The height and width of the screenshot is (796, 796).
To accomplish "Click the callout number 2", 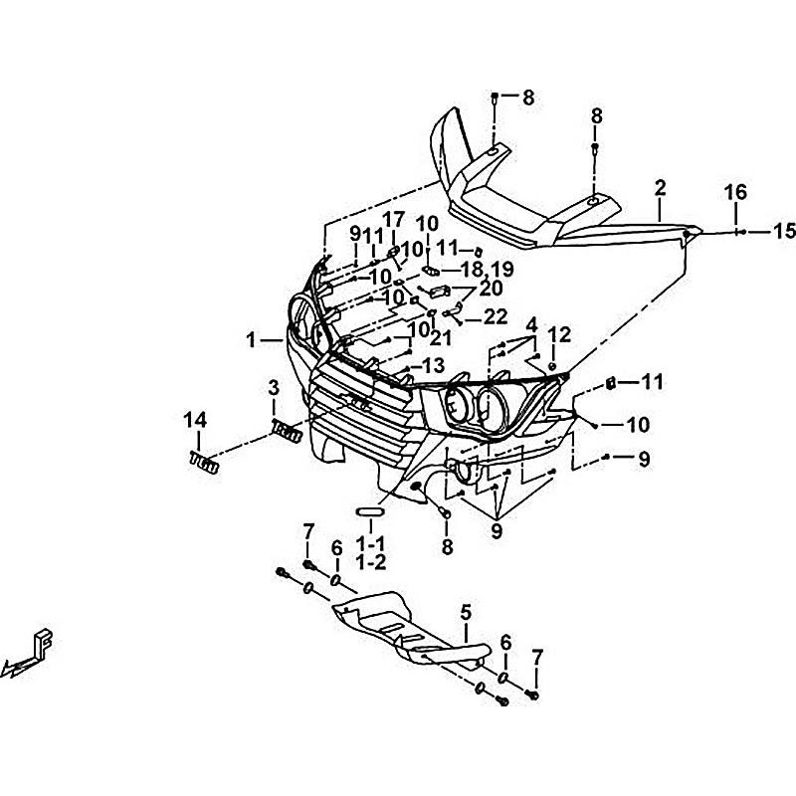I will point(659,187).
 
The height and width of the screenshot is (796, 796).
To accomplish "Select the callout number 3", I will point(272,386).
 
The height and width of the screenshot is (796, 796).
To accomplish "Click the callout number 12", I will point(559,334).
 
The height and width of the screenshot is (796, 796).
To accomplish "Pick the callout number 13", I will point(434,364).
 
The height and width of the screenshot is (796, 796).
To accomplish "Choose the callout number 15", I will point(784,231).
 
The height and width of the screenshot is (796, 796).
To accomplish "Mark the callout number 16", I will point(734,191).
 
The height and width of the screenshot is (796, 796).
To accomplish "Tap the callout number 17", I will point(393,220).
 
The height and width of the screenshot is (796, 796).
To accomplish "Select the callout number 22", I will point(495,316).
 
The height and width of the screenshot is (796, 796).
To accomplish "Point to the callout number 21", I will point(441,338).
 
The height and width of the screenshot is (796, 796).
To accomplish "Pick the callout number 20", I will point(491,289).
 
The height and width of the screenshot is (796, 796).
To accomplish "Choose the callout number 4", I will point(531,324).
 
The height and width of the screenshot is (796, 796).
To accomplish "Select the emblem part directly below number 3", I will point(285,430).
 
